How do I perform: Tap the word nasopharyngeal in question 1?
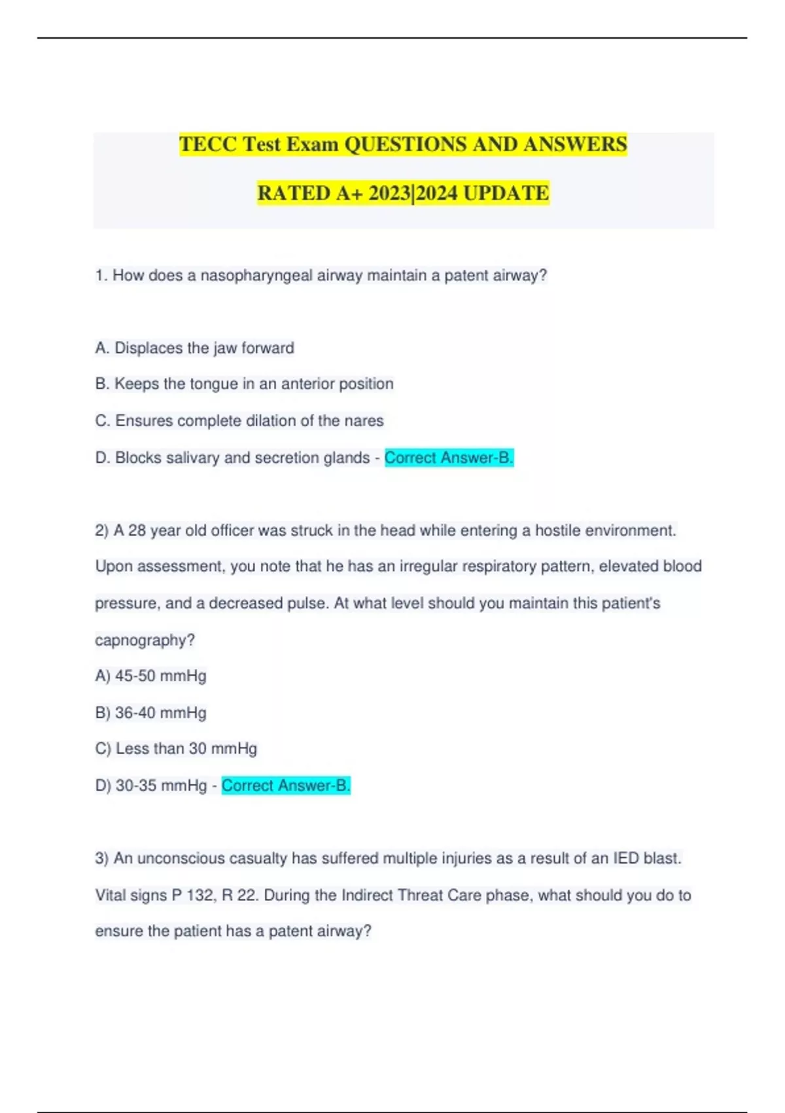pos(256,276)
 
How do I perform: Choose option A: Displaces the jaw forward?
pos(194,348)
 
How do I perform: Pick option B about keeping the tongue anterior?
pos(244,384)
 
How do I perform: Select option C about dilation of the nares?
pos(239,420)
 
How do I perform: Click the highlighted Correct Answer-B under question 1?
pos(449,458)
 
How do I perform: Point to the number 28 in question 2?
pos(137,530)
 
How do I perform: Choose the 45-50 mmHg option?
pos(151,676)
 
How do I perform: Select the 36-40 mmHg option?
pos(151,712)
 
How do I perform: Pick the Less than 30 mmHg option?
pos(176,748)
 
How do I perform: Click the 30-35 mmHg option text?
pos(151,785)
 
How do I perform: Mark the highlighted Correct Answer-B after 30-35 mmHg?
pos(286,785)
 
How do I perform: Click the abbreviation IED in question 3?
pos(626,858)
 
